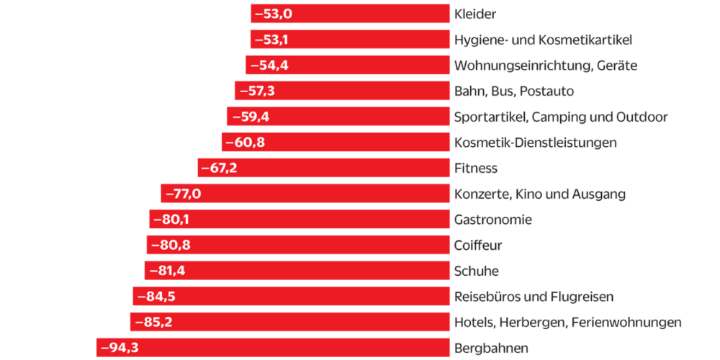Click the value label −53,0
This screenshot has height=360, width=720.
click(x=274, y=14)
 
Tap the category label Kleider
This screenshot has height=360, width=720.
click(x=475, y=14)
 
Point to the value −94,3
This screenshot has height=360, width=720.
click(x=120, y=348)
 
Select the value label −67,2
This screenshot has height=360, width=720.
click(x=220, y=168)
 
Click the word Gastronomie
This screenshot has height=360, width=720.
click(x=493, y=220)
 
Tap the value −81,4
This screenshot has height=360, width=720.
click(x=167, y=271)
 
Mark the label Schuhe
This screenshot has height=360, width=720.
click(x=477, y=271)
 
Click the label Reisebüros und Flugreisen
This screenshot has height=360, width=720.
click(x=534, y=297)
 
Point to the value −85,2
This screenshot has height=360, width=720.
click(x=153, y=322)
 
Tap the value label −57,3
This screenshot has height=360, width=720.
click(x=257, y=91)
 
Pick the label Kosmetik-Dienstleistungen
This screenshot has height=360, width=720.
click(x=536, y=143)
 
